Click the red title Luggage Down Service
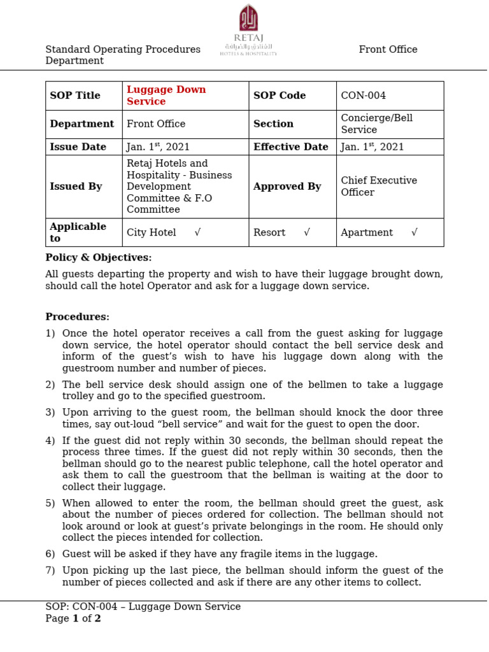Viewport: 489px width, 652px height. click(x=166, y=96)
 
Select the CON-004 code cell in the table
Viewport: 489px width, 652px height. click(x=363, y=96)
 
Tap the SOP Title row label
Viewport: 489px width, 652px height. click(x=75, y=96)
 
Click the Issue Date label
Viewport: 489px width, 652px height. click(x=78, y=147)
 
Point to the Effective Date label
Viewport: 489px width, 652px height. click(x=290, y=147)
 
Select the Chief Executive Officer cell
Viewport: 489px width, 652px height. click(x=379, y=187)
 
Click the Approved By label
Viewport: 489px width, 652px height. click(x=287, y=187)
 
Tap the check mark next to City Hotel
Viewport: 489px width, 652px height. click(x=197, y=232)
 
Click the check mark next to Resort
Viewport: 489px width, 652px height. click(x=307, y=232)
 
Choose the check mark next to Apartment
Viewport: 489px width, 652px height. click(x=414, y=232)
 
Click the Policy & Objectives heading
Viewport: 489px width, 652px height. click(x=99, y=258)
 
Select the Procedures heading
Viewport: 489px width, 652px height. click(x=77, y=317)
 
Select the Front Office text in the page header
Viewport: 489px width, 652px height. click(x=388, y=50)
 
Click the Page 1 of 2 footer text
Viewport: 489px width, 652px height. click(x=73, y=618)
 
